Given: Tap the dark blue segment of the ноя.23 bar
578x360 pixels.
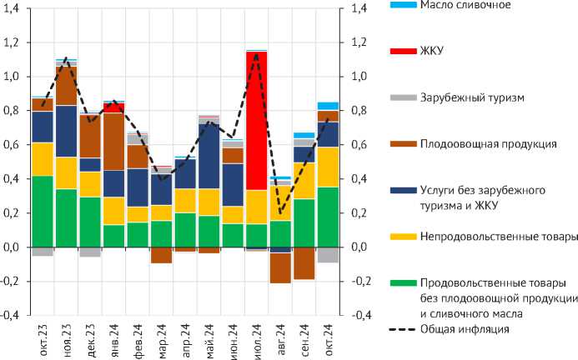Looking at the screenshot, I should coord(66,131).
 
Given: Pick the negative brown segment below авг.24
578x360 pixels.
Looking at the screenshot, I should coord(280,267).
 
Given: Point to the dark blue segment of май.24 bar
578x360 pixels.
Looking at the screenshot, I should coord(209,155).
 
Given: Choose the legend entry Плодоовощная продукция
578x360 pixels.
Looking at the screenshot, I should coord(489,144).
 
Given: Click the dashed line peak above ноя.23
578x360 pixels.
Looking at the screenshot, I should coord(66,59).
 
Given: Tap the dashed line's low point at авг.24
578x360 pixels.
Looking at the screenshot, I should coord(280,212).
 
